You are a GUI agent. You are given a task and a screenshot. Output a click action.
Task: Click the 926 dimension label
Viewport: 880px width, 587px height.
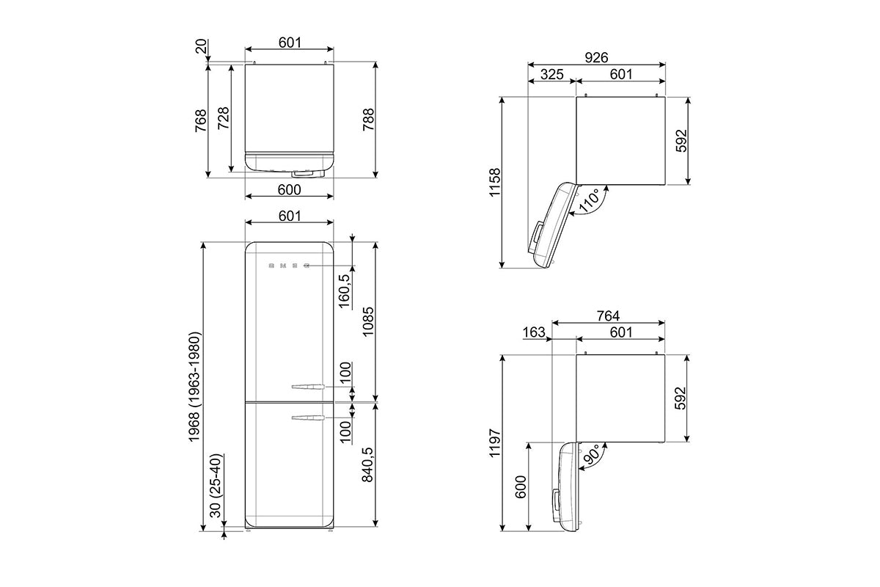click(596, 58)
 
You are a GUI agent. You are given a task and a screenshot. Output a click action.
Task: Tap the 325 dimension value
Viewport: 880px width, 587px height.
click(551, 74)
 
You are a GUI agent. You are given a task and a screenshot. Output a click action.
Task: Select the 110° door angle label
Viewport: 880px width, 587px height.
click(590, 200)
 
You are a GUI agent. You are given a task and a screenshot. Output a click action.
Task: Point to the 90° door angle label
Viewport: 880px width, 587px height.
click(592, 454)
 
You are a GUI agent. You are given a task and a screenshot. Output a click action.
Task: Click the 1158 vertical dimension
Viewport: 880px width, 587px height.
click(495, 182)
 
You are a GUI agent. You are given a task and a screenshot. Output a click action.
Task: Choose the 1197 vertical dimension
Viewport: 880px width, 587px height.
click(495, 442)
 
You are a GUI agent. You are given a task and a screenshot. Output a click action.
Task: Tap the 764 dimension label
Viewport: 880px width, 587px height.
click(608, 316)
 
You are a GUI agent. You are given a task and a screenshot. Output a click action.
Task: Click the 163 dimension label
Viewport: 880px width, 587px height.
click(534, 332)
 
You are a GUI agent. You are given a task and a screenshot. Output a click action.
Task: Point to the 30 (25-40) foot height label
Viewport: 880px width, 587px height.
click(216, 486)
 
